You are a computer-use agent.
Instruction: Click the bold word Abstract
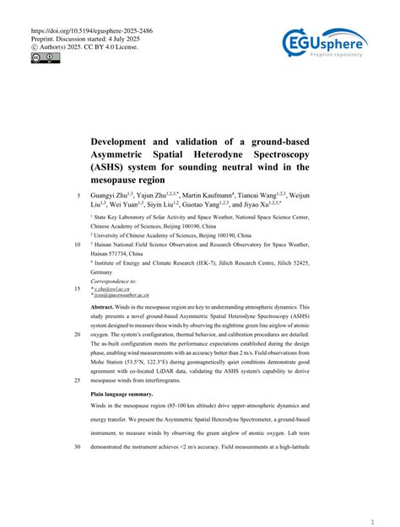105,309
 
